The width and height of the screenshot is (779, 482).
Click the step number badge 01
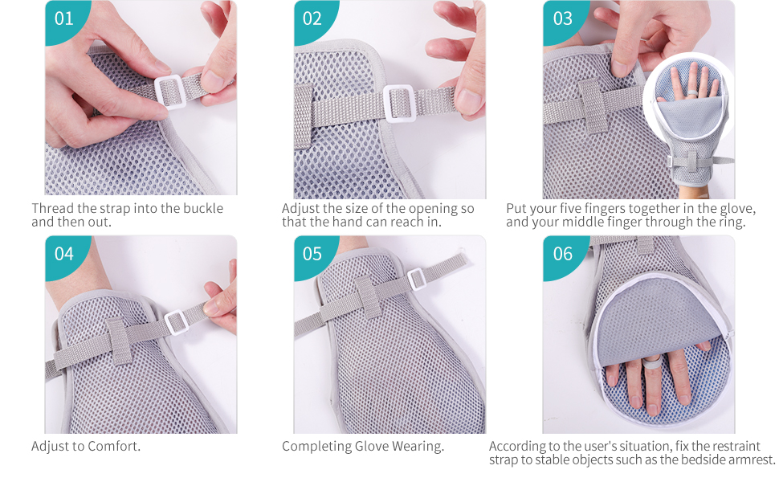[63, 18]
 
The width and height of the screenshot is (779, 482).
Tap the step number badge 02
[312, 18]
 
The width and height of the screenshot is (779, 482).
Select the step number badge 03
[562, 18]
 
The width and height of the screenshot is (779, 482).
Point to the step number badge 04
[63, 254]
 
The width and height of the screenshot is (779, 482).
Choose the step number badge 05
[312, 254]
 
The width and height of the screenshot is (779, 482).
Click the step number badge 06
[562, 254]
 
